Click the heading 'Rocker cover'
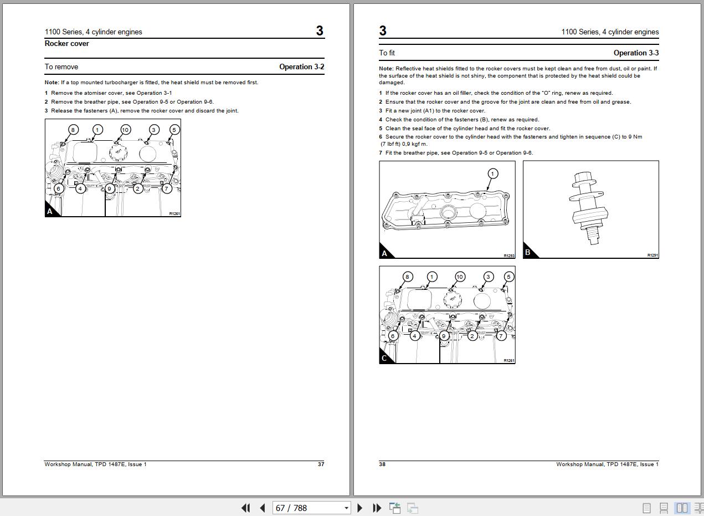[x=66, y=43]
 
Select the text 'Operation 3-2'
[x=302, y=67]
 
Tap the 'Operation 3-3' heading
[x=636, y=53]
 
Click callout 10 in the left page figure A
[x=125, y=130]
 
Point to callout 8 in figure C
[x=407, y=277]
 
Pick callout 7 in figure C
[x=501, y=336]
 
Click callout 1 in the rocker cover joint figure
[x=492, y=173]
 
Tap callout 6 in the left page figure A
[x=59, y=188]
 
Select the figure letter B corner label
[x=528, y=252]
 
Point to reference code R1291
[x=652, y=256]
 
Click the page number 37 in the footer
[x=321, y=464]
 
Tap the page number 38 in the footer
[x=382, y=464]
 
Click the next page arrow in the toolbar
[x=360, y=508]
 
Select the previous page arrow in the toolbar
[x=263, y=508]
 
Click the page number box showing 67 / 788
[x=311, y=508]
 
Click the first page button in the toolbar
[x=246, y=508]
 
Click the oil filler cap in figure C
[x=453, y=299]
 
